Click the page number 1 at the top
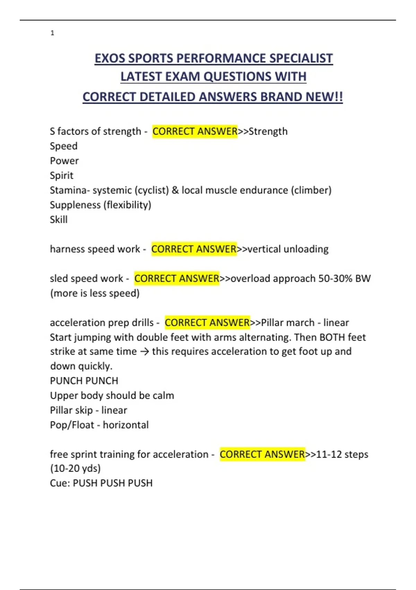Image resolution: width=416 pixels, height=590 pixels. [x=52, y=33]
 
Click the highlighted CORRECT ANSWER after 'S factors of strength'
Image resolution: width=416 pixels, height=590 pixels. [x=195, y=131]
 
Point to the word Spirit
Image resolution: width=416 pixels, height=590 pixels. [x=62, y=175]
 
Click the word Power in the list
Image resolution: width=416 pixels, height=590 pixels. [x=64, y=161]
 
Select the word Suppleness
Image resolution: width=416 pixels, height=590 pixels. [x=75, y=205]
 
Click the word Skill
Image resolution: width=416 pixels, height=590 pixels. [x=59, y=219]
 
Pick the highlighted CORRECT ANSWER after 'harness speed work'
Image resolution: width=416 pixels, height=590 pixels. [x=194, y=249]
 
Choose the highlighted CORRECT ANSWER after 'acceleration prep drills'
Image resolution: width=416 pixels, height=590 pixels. [x=207, y=322]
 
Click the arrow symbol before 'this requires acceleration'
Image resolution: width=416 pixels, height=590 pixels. [x=145, y=352]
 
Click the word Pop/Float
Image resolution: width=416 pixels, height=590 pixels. [x=72, y=425]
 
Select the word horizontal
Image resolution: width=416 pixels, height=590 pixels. [x=126, y=425]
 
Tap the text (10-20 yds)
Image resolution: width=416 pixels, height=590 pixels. [x=75, y=468]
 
